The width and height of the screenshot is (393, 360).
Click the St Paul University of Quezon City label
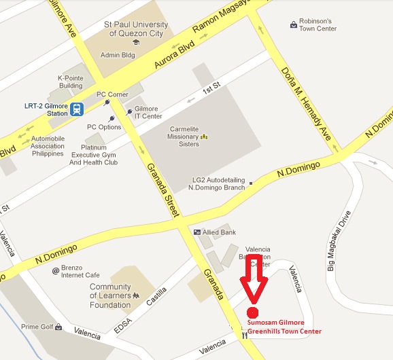136,29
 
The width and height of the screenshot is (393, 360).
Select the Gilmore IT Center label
148,112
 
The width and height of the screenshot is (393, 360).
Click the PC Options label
104,127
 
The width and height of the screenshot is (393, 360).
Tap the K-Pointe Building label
71,82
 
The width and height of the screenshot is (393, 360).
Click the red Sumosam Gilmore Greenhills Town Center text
284,327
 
